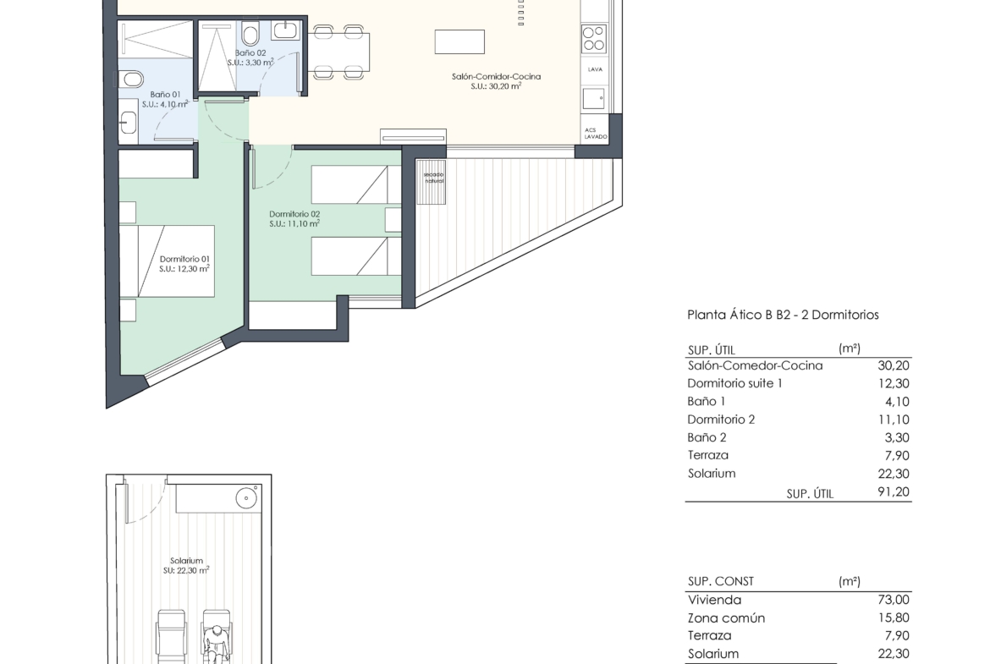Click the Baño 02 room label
point(250,53)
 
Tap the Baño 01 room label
point(165,95)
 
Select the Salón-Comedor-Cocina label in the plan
point(496,76)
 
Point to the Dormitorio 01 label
point(184,259)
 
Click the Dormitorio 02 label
point(294,214)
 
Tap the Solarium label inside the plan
point(186,561)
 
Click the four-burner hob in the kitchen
point(593,38)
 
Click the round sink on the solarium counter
point(246,498)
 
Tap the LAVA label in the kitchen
point(596,69)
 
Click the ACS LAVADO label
point(596,133)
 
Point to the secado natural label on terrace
point(434,178)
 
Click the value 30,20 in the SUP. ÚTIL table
point(894,365)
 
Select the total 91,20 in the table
point(894,491)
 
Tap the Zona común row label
point(726,618)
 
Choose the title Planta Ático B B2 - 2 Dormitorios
point(783,315)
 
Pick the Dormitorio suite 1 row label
point(735,383)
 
